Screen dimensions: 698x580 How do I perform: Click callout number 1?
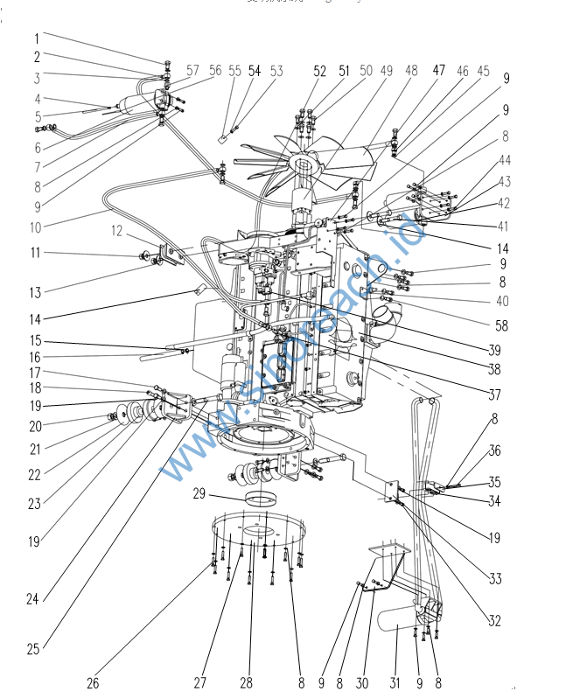(x=37, y=38)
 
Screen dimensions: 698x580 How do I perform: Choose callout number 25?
(x=33, y=649)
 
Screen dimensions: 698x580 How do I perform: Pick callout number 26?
(x=92, y=682)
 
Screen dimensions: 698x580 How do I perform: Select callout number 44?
(x=505, y=160)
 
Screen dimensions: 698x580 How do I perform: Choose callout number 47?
(x=438, y=72)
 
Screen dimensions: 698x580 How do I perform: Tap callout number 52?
(x=319, y=72)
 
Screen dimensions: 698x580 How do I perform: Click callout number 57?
(x=192, y=71)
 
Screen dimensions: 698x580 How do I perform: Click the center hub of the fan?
(x=307, y=161)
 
